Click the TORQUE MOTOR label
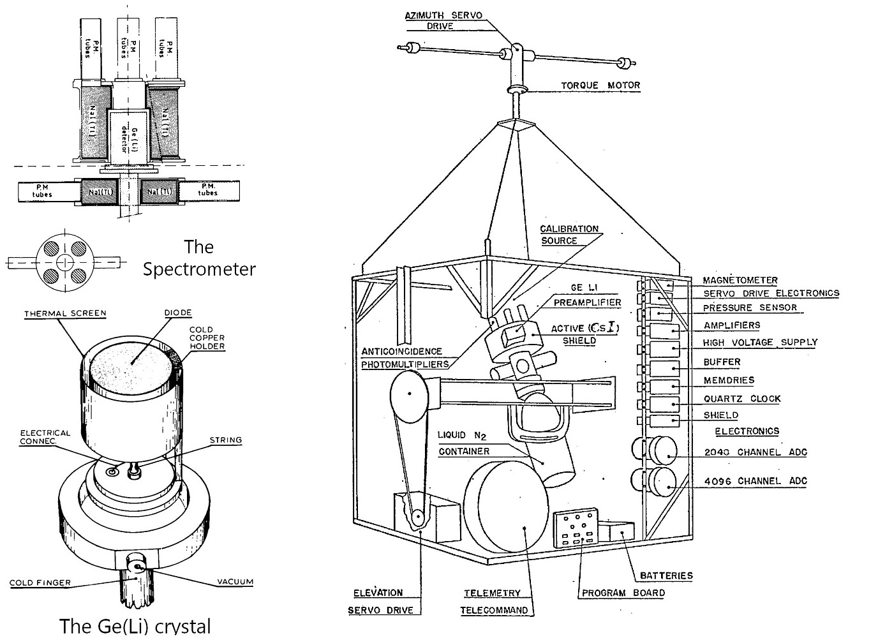tap(600, 85)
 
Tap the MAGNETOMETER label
tap(740, 280)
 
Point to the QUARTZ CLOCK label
tap(741, 399)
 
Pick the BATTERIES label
tap(666, 575)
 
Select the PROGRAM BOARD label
tap(623, 593)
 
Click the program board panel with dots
tap(576, 529)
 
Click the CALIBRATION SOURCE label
tap(569, 235)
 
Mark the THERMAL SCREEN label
tap(65, 314)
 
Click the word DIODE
tap(177, 313)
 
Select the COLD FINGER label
tap(40, 582)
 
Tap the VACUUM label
tap(235, 582)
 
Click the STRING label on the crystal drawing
tap(226, 440)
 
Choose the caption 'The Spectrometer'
tap(198, 258)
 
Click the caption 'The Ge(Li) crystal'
tap(135, 625)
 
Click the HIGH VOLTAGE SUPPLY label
tap(759, 343)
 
